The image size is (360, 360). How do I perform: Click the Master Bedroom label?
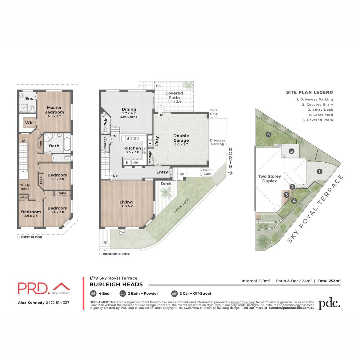click(54, 110)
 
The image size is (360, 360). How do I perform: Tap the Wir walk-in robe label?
click(29, 122)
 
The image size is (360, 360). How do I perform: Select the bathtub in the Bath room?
click(67, 144)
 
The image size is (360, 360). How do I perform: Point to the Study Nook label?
click(25, 187)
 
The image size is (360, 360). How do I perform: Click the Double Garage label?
click(181, 138)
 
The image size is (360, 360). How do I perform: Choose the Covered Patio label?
click(174, 95)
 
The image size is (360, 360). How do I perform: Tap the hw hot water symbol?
click(122, 232)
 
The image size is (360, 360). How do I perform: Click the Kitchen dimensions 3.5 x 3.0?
click(132, 152)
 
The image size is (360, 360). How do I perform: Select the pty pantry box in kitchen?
click(135, 163)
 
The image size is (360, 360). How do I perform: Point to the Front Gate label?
click(207, 172)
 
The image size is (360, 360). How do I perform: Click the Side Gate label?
click(214, 112)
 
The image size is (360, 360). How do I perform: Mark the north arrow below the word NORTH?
click(230, 173)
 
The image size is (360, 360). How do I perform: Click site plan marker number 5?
click(291, 151)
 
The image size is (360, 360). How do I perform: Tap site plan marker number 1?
click(319, 171)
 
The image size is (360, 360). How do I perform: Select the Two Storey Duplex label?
click(269, 178)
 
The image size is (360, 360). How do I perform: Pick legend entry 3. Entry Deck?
click(320, 110)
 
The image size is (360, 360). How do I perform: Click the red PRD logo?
click(33, 288)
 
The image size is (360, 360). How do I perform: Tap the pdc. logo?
click(329, 304)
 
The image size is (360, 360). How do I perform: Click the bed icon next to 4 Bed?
click(93, 293)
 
